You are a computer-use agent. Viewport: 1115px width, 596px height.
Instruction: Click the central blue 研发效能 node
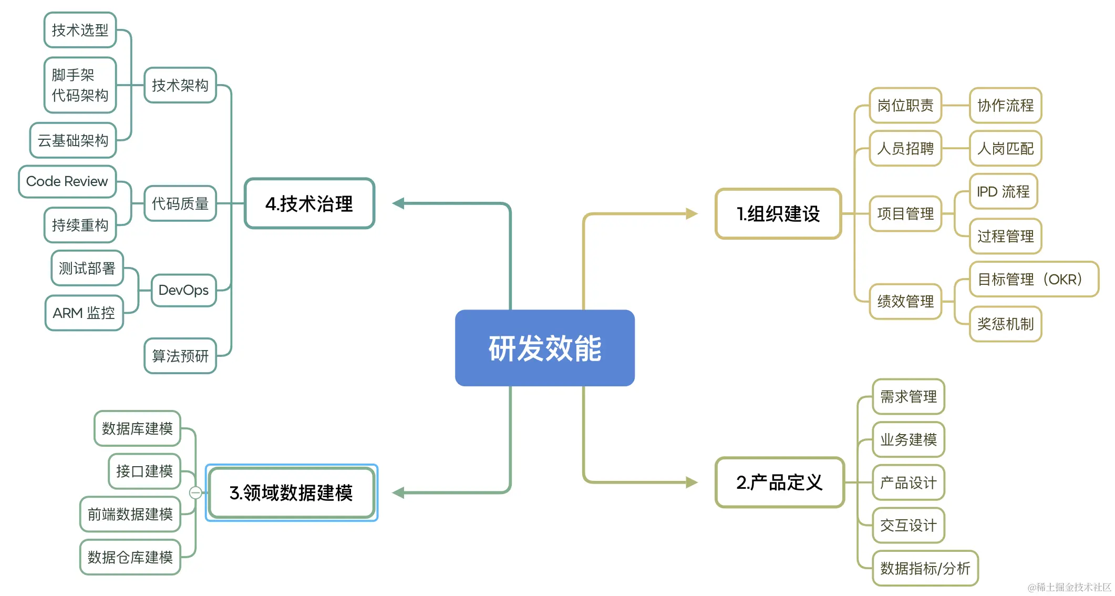tap(544, 348)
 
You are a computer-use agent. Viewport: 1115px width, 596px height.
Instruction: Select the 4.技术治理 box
tap(309, 203)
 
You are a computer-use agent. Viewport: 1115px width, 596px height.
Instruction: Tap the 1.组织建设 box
tap(778, 214)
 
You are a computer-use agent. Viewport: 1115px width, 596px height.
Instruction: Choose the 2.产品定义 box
tap(779, 482)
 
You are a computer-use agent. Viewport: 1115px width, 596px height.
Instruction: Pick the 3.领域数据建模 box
tap(291, 492)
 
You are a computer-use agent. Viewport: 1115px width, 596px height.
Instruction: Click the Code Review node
tap(67, 181)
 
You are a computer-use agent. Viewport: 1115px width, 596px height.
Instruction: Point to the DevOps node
tap(183, 290)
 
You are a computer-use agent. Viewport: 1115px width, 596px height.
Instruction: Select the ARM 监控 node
tap(84, 313)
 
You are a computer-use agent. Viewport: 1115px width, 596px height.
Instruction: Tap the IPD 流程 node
tap(1003, 191)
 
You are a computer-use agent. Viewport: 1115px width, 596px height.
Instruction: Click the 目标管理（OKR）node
tap(1033, 279)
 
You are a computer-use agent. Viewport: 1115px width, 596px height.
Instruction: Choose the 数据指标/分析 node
tap(925, 568)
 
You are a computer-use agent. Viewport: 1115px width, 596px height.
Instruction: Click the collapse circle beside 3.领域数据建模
tap(195, 492)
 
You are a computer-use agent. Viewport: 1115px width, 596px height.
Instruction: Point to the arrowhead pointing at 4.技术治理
tap(398, 203)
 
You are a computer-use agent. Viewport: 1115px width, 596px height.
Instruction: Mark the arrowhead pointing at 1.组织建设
tap(691, 214)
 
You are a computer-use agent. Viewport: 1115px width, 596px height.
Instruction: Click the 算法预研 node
tap(180, 356)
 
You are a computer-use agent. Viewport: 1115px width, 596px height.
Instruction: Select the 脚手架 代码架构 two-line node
tap(80, 85)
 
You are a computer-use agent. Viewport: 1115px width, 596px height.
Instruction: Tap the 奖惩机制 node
tap(1005, 324)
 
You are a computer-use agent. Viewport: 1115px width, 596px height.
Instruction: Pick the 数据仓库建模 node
tap(130, 557)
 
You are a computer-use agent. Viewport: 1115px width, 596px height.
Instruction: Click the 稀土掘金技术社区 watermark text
tap(1069, 587)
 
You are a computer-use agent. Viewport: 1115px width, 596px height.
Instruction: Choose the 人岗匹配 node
tap(1005, 148)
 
